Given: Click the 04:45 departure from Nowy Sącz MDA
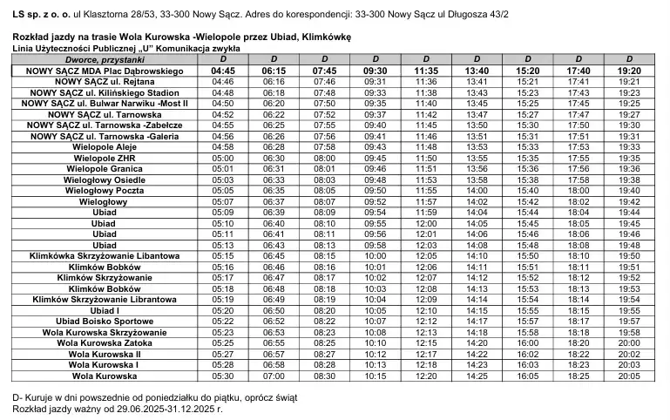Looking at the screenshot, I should pos(223,71).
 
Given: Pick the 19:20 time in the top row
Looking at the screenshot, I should pos(628,71).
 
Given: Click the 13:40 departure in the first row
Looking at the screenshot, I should pos(477,71).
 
